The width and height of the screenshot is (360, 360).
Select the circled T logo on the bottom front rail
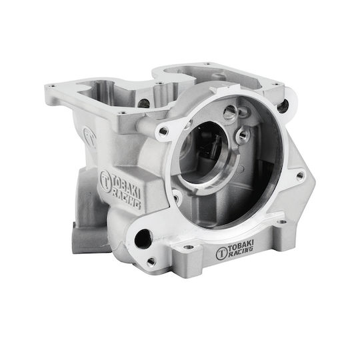(221, 254)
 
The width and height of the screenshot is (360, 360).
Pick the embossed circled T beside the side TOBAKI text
(105, 181)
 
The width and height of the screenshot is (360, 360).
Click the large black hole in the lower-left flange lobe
(143, 239)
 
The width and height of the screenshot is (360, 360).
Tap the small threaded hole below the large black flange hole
(151, 261)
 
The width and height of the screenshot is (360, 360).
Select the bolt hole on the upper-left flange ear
(163, 131)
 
